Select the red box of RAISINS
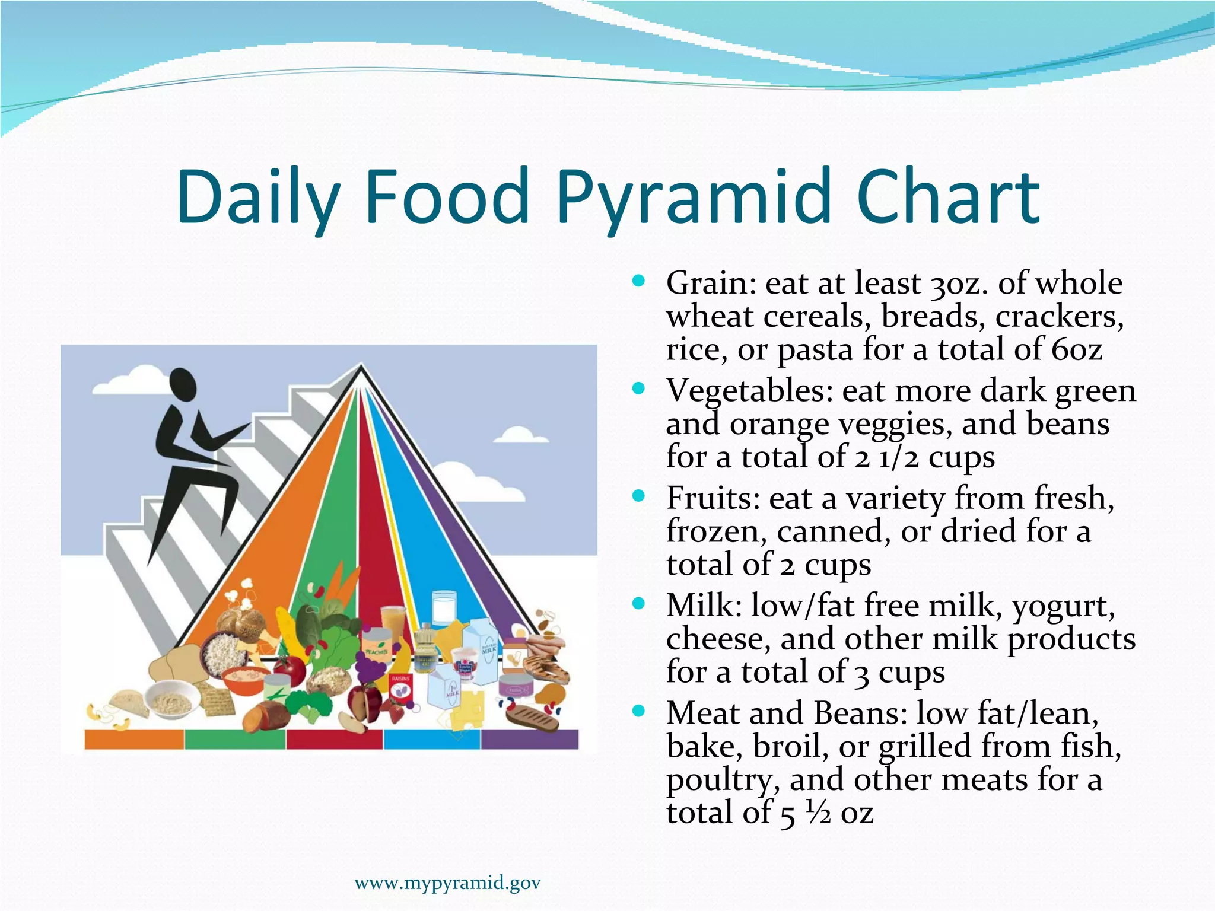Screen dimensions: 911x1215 pos(400,688)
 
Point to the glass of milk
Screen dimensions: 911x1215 pos(444,607)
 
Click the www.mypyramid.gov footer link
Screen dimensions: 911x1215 pos(447,883)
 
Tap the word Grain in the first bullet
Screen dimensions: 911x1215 pos(710,284)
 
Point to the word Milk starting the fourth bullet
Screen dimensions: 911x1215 pos(704,606)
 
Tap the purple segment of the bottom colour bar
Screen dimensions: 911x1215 pos(529,740)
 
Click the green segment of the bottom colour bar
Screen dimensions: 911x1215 pos(235,740)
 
